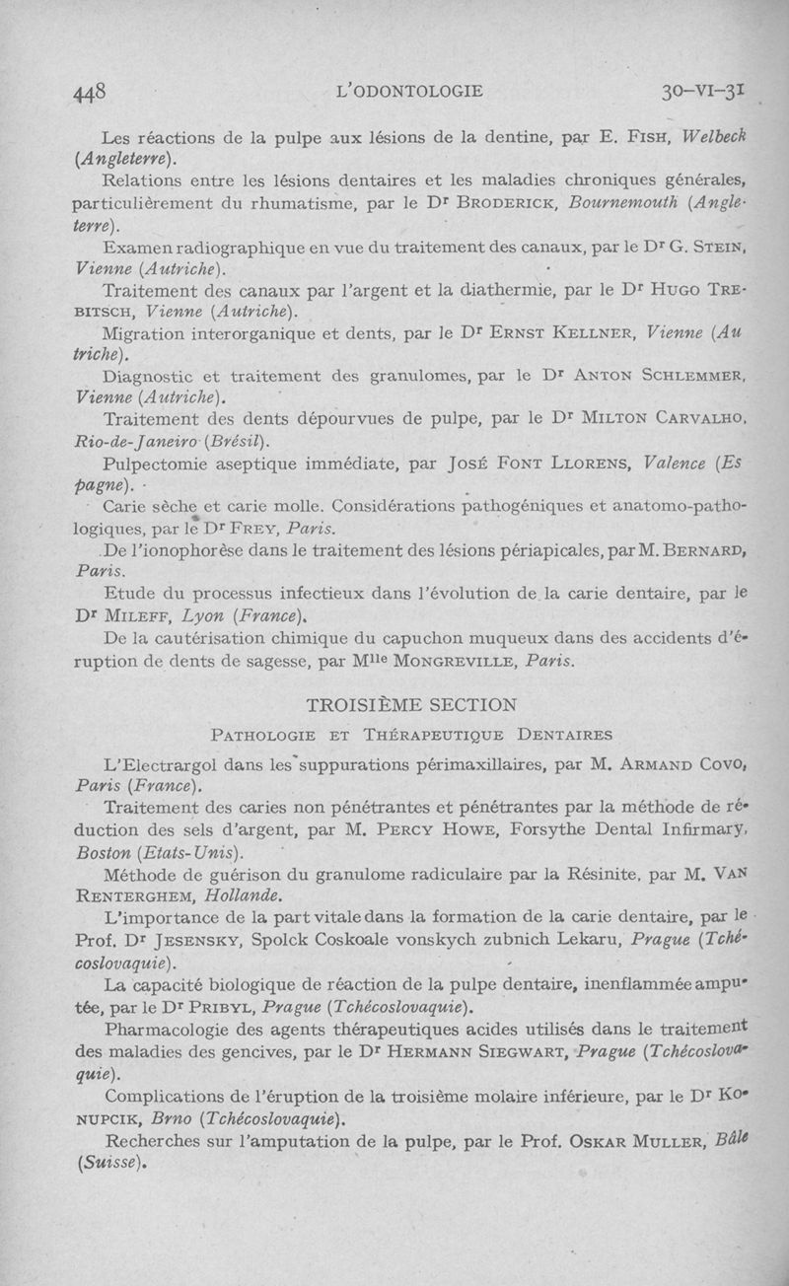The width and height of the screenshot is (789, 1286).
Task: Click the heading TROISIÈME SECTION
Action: [411, 704]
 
